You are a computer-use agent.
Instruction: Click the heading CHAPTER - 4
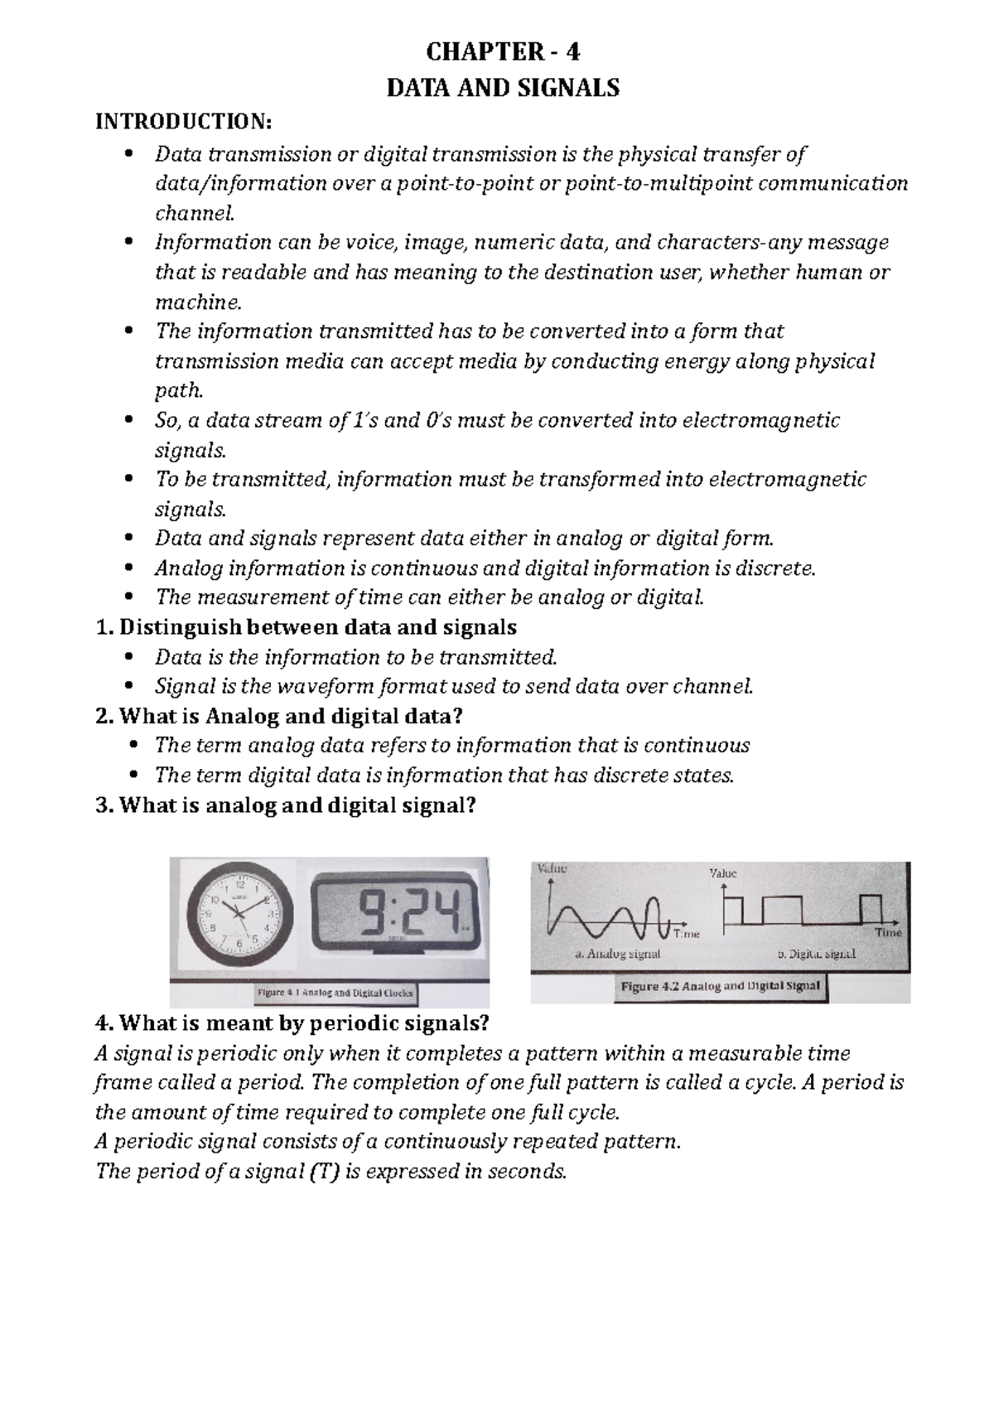(503, 52)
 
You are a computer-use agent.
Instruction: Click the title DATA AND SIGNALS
(503, 88)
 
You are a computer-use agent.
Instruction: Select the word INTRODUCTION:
(184, 122)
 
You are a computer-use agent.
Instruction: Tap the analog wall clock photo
(239, 915)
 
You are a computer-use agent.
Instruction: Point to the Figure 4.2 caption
(720, 986)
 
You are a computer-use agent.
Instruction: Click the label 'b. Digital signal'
(816, 954)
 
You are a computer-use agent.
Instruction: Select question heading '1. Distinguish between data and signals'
(306, 627)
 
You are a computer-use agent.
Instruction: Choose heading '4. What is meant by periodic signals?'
(293, 1023)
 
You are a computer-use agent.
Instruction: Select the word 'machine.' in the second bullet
(189, 302)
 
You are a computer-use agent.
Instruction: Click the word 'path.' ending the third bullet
(178, 391)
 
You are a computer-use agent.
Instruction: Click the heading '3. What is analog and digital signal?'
(287, 805)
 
